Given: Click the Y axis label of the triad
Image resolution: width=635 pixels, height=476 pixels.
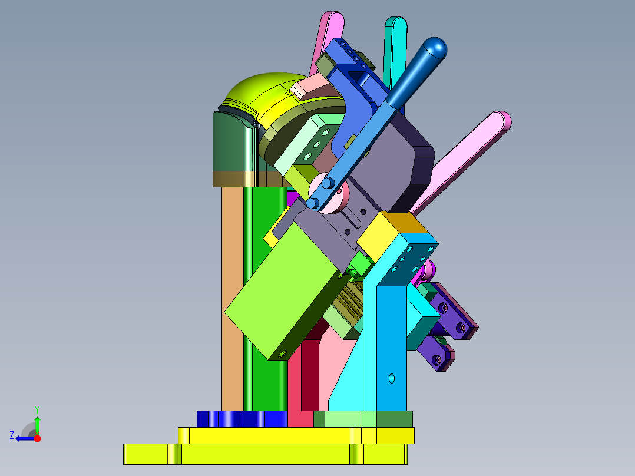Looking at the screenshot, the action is pyautogui.click(x=37, y=409).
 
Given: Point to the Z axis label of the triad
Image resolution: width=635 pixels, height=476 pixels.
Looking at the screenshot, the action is pyautogui.click(x=12, y=435).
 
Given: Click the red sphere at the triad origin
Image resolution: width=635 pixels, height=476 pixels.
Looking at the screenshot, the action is pyautogui.click(x=37, y=438).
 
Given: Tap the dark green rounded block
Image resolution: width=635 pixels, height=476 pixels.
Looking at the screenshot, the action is pyautogui.click(x=229, y=142).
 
